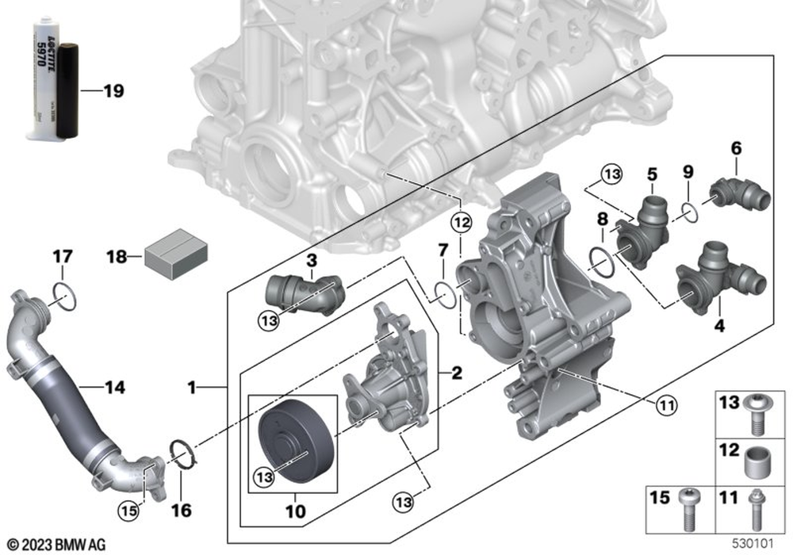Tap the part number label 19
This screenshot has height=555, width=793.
click(113, 92)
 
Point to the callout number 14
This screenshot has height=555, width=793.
click(114, 388)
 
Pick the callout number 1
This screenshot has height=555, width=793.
click(191, 388)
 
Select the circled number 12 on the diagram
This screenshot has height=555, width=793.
click(462, 224)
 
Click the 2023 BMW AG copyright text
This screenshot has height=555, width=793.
click(56, 544)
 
